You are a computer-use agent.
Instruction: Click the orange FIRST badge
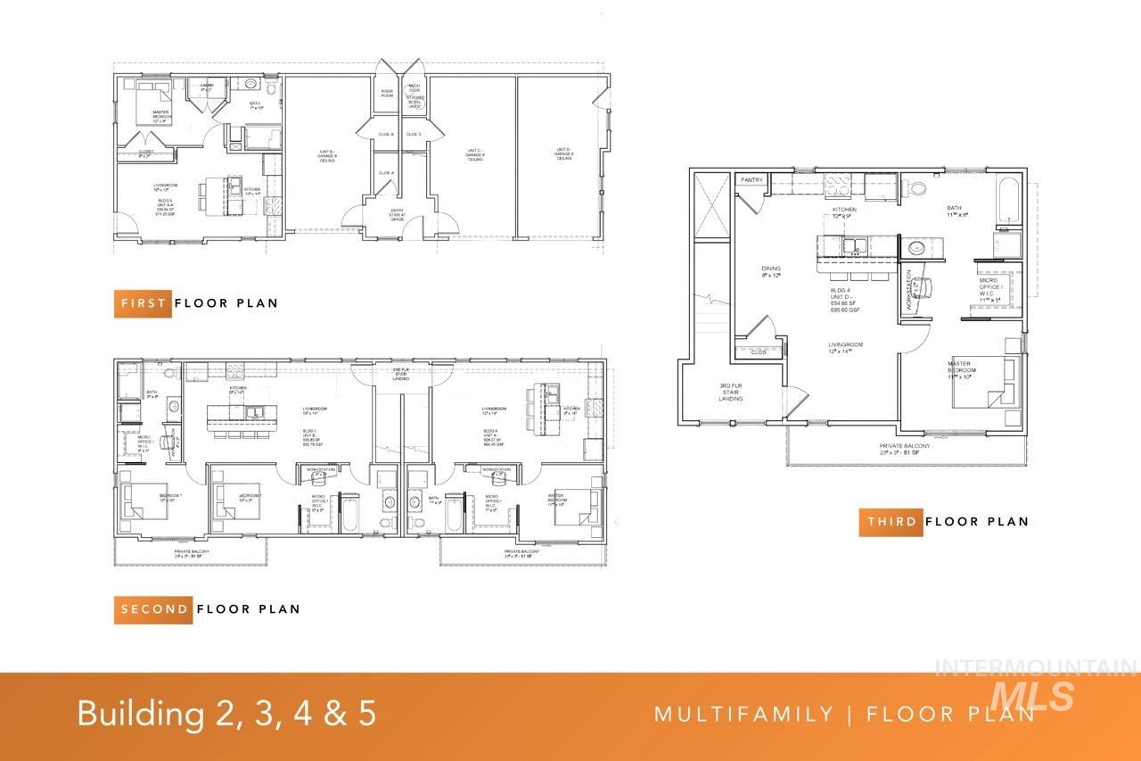(x=144, y=303)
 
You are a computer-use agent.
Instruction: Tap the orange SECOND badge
(x=153, y=609)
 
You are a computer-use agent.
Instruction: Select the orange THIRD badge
(x=891, y=522)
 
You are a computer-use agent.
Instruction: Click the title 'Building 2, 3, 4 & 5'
(x=226, y=714)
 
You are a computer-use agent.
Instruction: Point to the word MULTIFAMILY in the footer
(x=743, y=714)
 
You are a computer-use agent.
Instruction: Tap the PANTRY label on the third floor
(x=751, y=180)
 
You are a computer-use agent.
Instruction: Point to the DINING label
(x=771, y=271)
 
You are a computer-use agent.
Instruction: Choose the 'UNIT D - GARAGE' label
(x=564, y=153)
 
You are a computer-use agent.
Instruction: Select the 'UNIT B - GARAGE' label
(x=326, y=156)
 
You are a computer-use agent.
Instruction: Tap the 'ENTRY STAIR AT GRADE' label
(x=397, y=215)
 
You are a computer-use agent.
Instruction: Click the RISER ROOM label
(x=387, y=92)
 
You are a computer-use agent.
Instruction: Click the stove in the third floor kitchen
(x=839, y=185)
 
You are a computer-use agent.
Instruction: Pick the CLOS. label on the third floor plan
(x=759, y=352)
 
